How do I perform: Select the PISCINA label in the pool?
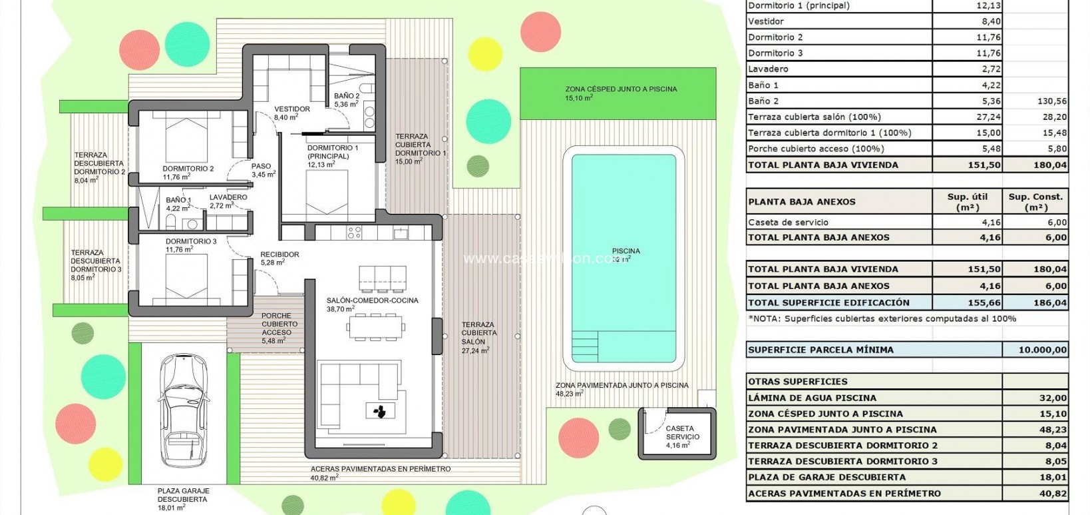(x=626, y=251)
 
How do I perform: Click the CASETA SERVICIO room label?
(x=679, y=433)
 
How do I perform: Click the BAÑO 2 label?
(x=347, y=97)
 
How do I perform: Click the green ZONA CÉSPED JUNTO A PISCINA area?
(x=618, y=93)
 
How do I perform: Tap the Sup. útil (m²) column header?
(x=967, y=201)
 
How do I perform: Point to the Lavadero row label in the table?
(x=768, y=69)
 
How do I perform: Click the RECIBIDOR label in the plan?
(x=279, y=255)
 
